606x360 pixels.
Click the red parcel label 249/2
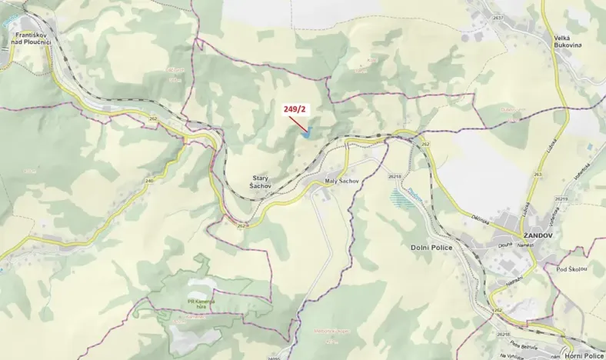pyautogui.click(x=295, y=111)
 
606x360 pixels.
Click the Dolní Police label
pyautogui.click(x=427, y=247)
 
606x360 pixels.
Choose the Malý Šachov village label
pyautogui.click(x=338, y=180)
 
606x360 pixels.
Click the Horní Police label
pyautogui.click(x=583, y=355)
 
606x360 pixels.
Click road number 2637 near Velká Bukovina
pyautogui.click(x=498, y=18)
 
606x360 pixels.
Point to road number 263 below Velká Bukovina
pyautogui.click(x=538, y=175)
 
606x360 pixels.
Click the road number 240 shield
pyautogui.click(x=149, y=181)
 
